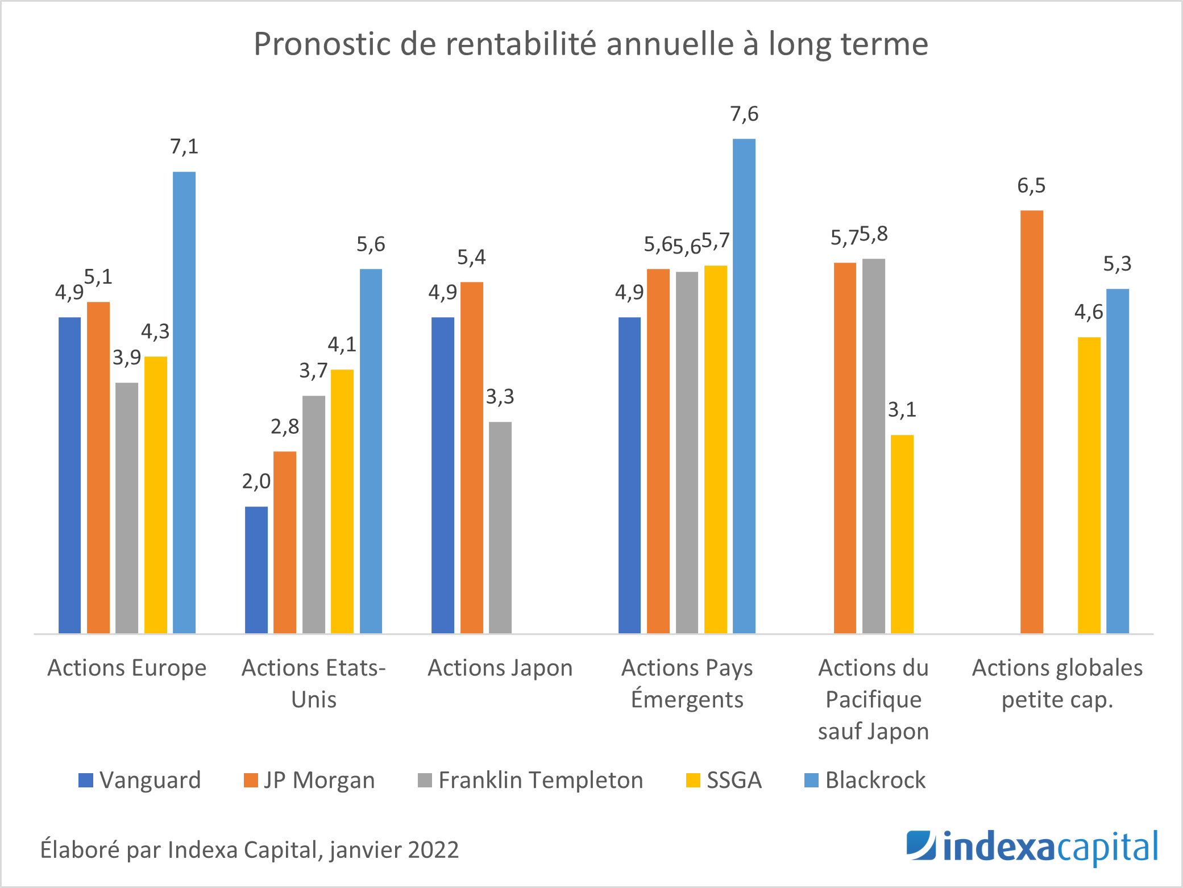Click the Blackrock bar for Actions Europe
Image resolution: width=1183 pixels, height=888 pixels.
(x=184, y=402)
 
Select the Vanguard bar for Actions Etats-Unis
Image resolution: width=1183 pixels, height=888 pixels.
(x=256, y=570)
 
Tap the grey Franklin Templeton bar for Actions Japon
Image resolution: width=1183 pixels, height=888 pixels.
(x=500, y=528)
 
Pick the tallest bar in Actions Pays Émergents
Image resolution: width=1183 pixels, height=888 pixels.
(x=744, y=386)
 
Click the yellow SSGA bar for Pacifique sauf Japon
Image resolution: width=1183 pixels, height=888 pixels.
(x=902, y=534)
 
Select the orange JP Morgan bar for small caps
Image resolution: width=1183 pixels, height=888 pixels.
(x=1032, y=422)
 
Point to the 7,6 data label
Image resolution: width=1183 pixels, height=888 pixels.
(x=744, y=114)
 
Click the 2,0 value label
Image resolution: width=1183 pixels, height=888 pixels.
(x=256, y=482)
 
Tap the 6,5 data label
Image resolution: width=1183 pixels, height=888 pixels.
(x=1031, y=186)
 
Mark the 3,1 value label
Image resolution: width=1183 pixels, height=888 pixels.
(x=902, y=410)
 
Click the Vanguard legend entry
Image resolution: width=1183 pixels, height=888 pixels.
(x=140, y=780)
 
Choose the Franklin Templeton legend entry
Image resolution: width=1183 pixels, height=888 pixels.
(x=530, y=780)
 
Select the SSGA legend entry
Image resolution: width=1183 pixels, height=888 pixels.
(x=724, y=780)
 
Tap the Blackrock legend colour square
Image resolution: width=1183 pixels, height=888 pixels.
(x=811, y=781)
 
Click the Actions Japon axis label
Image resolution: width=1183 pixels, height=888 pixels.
(x=500, y=668)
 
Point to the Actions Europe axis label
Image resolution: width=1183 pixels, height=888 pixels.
(x=127, y=668)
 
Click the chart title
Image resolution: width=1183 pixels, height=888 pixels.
(x=591, y=44)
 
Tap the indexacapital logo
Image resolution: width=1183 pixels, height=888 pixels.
(x=1032, y=848)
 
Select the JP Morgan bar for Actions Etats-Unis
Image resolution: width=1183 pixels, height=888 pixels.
(x=285, y=542)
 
